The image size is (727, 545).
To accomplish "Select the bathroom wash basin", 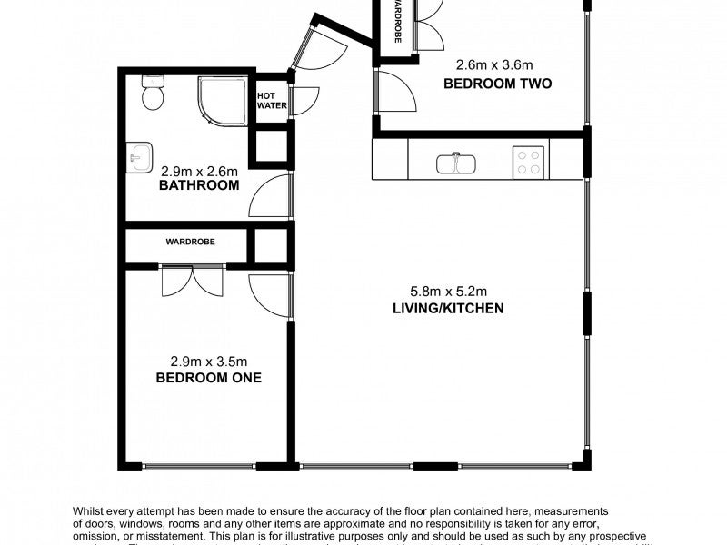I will tap(139, 156).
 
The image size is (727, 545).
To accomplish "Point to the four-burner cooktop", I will tap(528, 162).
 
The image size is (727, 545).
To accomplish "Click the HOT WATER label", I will tap(271, 101).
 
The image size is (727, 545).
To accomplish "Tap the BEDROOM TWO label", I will tap(497, 84).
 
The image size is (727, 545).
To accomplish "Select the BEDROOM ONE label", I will tap(208, 377).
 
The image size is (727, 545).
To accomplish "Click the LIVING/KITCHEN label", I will tap(448, 308).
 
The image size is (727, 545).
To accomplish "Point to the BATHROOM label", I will tap(199, 185).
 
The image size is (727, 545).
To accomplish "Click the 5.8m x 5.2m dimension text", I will tap(448, 292).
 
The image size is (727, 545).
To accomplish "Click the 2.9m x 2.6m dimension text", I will tap(199, 170).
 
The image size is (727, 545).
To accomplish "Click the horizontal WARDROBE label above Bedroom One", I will tap(189, 243).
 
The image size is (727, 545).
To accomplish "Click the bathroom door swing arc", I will tap(269, 195).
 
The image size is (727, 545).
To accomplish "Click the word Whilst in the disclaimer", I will tap(91, 512).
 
